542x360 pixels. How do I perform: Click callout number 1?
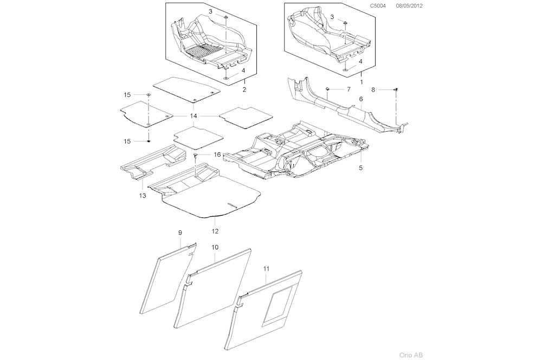360,80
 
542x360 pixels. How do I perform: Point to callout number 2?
244,89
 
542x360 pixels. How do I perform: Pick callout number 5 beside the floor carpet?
360,168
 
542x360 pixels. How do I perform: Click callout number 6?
360,100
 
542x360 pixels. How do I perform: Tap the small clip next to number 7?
328,88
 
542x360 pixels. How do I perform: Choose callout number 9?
180,233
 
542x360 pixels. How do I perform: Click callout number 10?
215,247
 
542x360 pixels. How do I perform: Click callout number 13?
143,195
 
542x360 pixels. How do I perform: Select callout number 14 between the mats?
193,116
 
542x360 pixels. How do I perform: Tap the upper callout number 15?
127,95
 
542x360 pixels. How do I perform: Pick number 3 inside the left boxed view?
210,11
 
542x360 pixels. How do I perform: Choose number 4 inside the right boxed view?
360,61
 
